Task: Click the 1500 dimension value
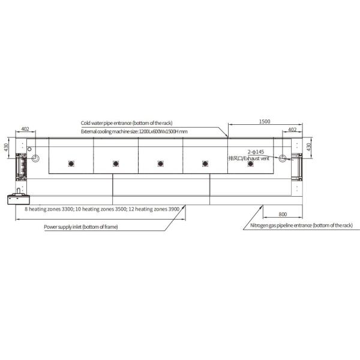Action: pyautogui.click(x=265, y=121)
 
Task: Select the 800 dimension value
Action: pyautogui.click(x=283, y=214)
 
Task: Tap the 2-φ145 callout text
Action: pyautogui.click(x=256, y=152)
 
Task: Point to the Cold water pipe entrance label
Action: pyautogui.click(x=127, y=123)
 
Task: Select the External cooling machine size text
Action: pyautogui.click(x=134, y=131)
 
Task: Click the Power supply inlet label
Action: pyautogui.click(x=81, y=227)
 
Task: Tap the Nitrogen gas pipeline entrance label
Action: pyautogui.click(x=301, y=226)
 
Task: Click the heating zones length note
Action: pyautogui.click(x=102, y=209)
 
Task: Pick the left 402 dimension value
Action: pyautogui.click(x=25, y=129)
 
